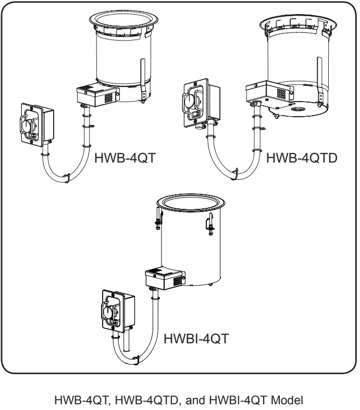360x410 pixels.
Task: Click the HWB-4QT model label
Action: [125, 158]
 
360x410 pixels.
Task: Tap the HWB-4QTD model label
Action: [302, 157]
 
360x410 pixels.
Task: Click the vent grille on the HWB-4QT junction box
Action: [108, 97]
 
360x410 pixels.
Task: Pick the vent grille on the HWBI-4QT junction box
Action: [177, 280]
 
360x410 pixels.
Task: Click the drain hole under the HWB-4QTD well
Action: [301, 111]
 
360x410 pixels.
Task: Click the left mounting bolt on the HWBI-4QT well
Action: [156, 221]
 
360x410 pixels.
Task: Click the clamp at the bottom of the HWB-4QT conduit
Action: [66, 178]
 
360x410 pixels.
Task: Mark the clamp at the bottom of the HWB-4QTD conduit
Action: [232, 177]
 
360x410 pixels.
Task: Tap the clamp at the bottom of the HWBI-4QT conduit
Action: [136, 359]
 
